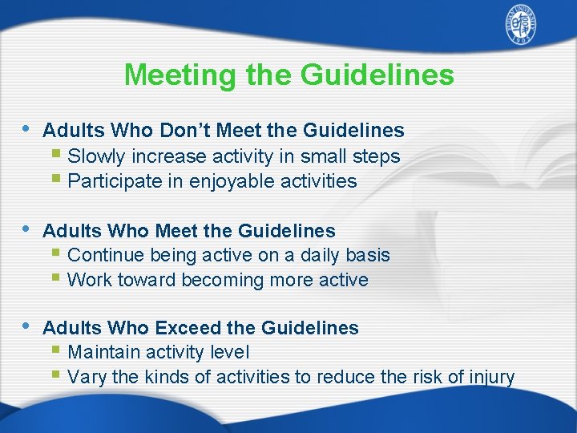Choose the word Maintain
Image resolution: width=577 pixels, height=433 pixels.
pyautogui.click(x=103, y=352)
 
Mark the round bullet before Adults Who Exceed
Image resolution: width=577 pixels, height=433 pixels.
pyautogui.click(x=26, y=326)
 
